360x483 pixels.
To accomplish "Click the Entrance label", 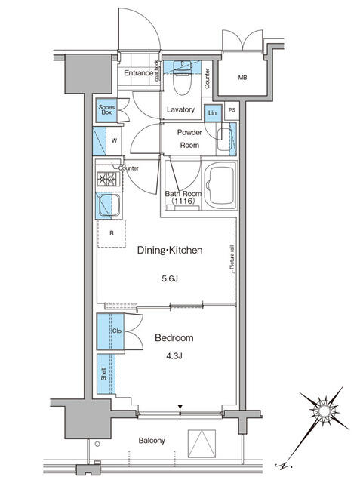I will (x=138, y=73).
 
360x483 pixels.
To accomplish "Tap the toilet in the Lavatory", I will (x=177, y=76).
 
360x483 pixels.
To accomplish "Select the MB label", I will (x=242, y=78).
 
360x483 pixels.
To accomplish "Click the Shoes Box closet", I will (x=106, y=111).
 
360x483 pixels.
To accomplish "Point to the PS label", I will (x=232, y=112).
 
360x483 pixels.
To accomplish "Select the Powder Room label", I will (x=189, y=138).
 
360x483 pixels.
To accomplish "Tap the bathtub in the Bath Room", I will (x=220, y=186).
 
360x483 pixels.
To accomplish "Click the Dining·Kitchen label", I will (x=169, y=251).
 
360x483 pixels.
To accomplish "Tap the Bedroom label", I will (x=174, y=337).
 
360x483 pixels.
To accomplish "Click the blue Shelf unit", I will (x=103, y=373).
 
